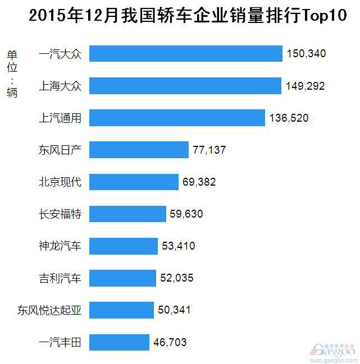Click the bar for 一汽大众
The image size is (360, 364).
(185, 54)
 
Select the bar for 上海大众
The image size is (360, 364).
(185, 86)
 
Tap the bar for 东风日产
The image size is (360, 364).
(139, 150)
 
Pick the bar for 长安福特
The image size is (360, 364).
(127, 214)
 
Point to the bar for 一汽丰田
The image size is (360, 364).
(119, 342)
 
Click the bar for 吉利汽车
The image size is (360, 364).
(122, 278)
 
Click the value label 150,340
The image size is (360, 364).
(306, 54)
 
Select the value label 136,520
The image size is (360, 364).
(289, 118)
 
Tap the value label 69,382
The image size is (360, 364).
(199, 182)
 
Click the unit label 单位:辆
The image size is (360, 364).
(12, 73)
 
